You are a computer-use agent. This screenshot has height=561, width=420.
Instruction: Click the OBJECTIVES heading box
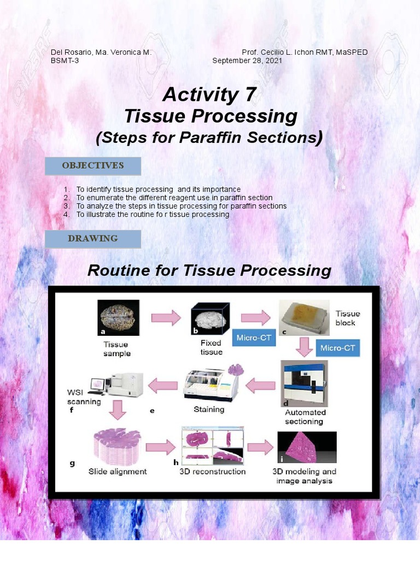point(93,165)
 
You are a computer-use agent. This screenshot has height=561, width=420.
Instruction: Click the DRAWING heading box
point(93,239)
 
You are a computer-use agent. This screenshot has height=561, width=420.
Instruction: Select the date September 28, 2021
point(247,61)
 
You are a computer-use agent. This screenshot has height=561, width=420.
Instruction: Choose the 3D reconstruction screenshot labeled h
point(213,446)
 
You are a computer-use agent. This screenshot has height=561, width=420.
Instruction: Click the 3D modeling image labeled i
point(307,448)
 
